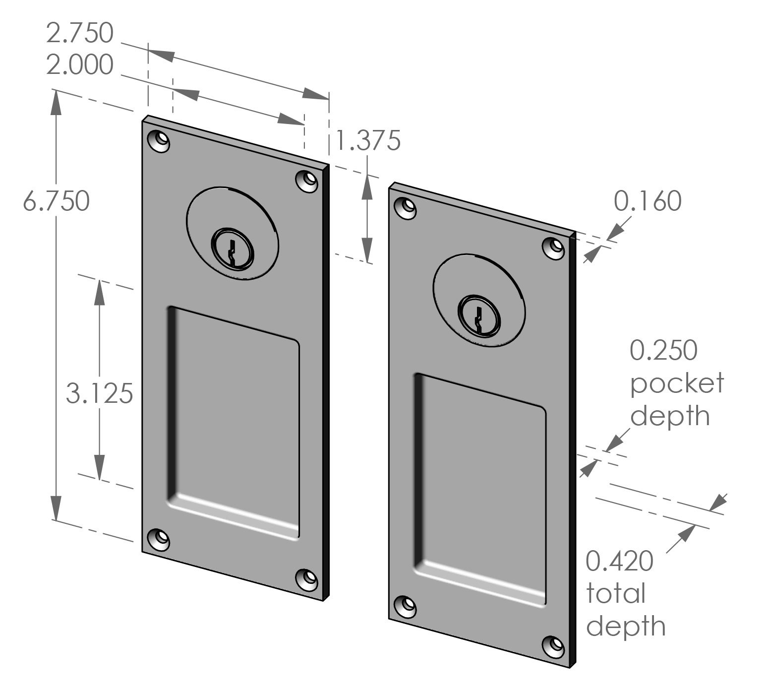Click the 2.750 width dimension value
[x=80, y=33]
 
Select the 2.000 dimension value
[x=80, y=65]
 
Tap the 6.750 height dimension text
[x=57, y=201]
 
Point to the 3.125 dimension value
[x=100, y=394]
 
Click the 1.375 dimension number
[x=367, y=140]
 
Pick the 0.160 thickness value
[x=648, y=201]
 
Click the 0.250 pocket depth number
[x=663, y=350]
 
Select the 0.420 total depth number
[x=619, y=562]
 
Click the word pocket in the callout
[x=677, y=382]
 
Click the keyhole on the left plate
[x=232, y=249]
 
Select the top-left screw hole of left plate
[x=160, y=140]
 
